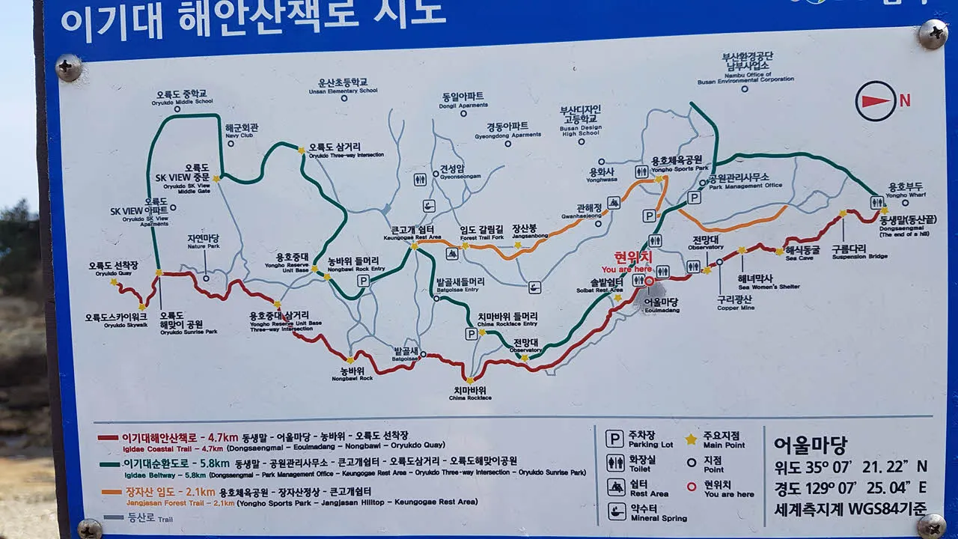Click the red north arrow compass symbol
(876, 101)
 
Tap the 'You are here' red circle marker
(650, 281)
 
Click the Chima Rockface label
(469, 393)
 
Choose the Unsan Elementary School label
(343, 86)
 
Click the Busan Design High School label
(580, 121)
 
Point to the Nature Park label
(203, 241)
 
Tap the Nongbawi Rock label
(356, 374)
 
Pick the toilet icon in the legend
(615, 463)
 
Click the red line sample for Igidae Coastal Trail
(108, 437)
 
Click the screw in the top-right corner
(932, 34)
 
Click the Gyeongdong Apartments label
(507, 130)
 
